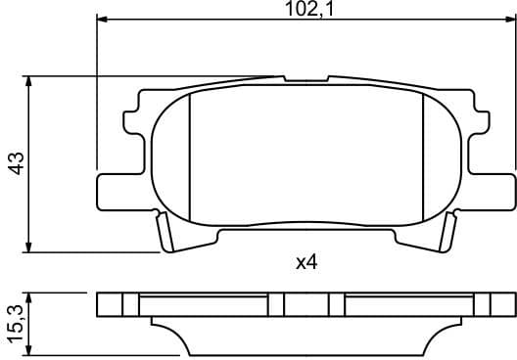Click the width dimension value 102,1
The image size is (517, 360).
coord(304,10)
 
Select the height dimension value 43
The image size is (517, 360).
coord(15,163)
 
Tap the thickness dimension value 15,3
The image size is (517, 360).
coord(15,323)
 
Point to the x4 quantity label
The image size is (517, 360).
coord(307,262)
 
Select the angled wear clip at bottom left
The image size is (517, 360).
coord(165,232)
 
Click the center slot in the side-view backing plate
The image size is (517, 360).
coord(305,304)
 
